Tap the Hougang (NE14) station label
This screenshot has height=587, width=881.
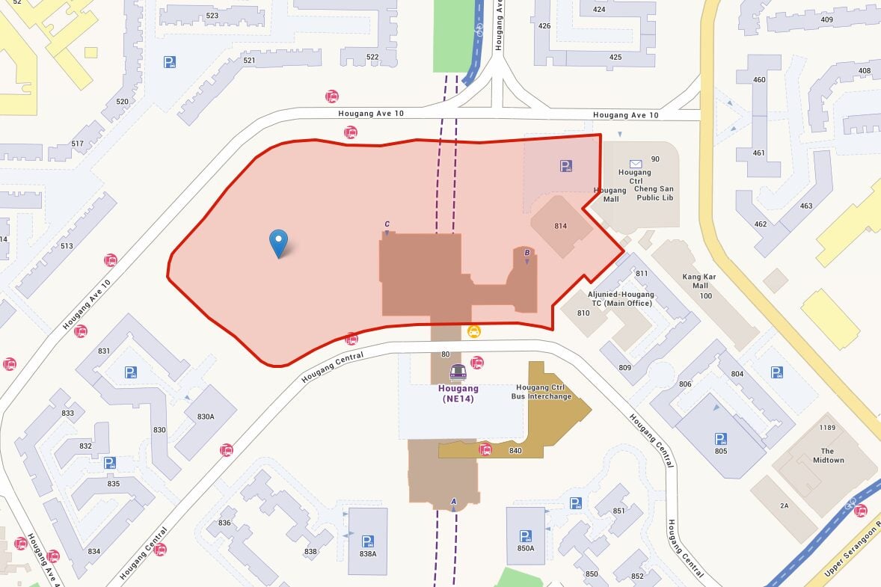[458, 394]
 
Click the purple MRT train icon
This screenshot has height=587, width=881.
[458, 372]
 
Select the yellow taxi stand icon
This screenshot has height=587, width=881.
[473, 331]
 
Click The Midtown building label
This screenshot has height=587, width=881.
[828, 455]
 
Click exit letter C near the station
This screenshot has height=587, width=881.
[387, 224]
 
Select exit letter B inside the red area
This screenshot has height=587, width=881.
[527, 253]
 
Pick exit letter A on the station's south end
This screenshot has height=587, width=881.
[453, 500]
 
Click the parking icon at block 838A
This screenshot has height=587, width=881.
[367, 541]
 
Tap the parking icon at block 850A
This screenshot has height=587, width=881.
[525, 535]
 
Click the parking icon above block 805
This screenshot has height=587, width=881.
[720, 438]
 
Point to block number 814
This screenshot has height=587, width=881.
[561, 226]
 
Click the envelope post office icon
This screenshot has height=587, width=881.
[635, 163]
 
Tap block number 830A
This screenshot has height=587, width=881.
[205, 417]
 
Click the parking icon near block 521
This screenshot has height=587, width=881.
[170, 63]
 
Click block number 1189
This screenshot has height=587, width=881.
[826, 428]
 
